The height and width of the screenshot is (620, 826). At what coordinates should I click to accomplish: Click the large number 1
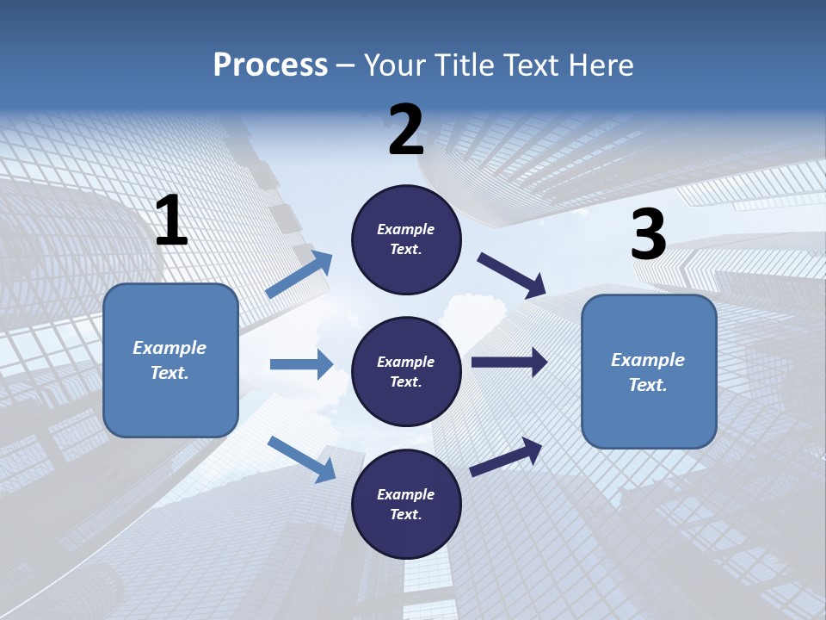(171, 221)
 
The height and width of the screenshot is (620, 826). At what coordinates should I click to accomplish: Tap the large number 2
(406, 130)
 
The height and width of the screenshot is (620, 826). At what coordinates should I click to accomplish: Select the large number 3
(648, 235)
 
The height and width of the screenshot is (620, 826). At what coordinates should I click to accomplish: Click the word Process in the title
(270, 65)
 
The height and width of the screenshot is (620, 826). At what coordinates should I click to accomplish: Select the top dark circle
(406, 239)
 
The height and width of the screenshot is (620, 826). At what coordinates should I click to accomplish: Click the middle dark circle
(406, 371)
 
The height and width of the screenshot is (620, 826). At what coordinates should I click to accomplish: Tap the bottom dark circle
(406, 504)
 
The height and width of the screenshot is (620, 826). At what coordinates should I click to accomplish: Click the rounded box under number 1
(170, 360)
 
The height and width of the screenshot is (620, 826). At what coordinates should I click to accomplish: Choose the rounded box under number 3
(649, 371)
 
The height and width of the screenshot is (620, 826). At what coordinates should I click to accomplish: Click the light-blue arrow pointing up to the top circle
(299, 275)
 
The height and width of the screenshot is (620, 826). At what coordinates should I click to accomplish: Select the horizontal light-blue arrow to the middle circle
(301, 364)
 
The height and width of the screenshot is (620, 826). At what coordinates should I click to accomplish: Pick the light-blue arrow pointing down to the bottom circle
(302, 459)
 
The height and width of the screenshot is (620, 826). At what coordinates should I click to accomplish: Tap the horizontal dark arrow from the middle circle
(509, 363)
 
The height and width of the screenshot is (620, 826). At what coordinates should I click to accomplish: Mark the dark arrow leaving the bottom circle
(507, 456)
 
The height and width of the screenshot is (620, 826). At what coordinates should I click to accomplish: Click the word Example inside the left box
(170, 348)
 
